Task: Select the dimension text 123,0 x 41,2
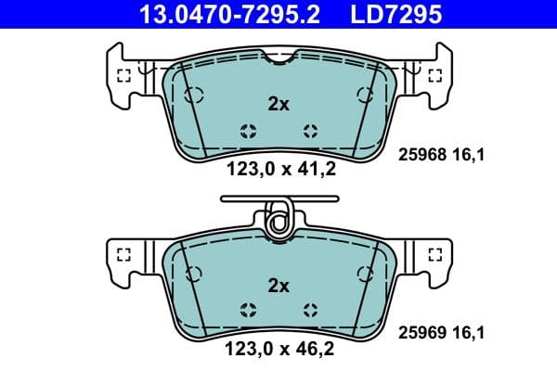pos(278,169)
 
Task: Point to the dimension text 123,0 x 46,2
pos(278,350)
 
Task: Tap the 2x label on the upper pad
pos(278,105)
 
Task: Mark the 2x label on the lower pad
pos(278,286)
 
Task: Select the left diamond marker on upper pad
pos(247,130)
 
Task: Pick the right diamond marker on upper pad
pos(309,130)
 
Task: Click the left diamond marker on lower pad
pos(247,310)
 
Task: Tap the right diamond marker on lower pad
pos(309,310)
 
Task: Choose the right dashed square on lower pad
pos(433,252)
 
